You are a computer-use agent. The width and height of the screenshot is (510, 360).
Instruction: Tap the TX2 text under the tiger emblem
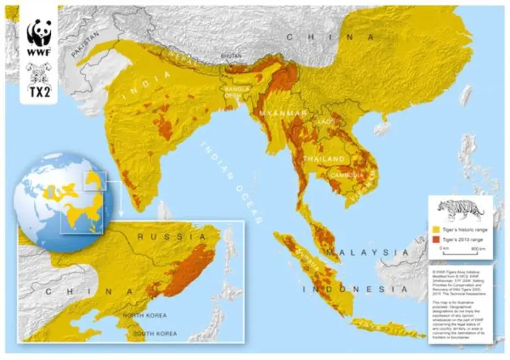click(x=39, y=91)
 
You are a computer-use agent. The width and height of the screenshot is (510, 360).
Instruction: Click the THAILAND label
click(x=322, y=159)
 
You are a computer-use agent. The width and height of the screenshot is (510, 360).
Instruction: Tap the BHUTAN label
click(x=232, y=57)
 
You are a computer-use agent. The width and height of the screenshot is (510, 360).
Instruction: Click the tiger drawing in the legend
click(x=460, y=210)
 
